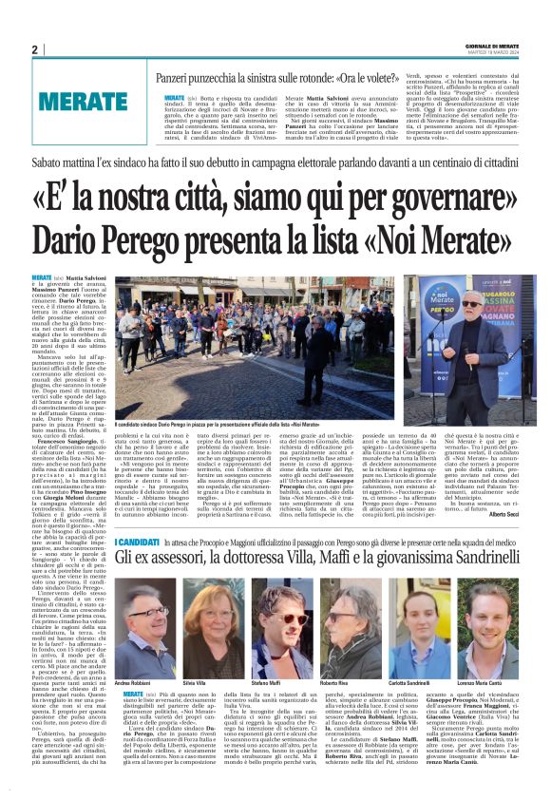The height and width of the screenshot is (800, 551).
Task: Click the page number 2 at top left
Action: click(x=34, y=49)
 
